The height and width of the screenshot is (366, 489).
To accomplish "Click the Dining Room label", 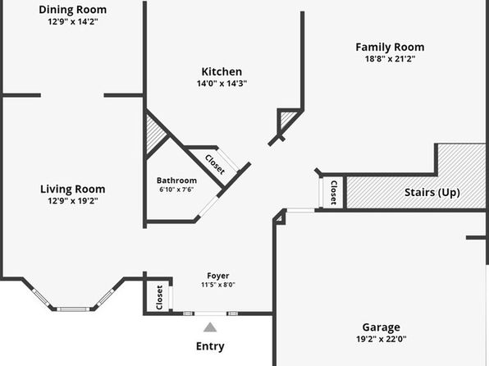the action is tap(73, 10).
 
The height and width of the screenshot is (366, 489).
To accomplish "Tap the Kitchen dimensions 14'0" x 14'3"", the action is tap(222, 84).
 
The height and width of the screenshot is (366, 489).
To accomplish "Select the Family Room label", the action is tap(390, 48).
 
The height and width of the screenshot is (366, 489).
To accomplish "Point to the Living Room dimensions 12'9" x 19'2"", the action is tap(73, 200).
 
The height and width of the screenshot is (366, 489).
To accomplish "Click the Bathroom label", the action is tap(176, 181).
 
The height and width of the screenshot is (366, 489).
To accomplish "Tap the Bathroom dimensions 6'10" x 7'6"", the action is tap(176, 190).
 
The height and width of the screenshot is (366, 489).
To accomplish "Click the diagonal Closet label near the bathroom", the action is tap(215, 165).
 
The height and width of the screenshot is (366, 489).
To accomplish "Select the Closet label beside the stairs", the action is tap(333, 193).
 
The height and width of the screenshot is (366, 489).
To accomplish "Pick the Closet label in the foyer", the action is tap(159, 297).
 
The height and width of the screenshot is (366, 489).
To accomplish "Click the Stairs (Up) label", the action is tap(432, 193).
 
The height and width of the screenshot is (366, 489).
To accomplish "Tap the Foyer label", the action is tap(218, 276).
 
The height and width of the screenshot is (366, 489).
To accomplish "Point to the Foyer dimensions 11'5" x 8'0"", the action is tap(218, 285).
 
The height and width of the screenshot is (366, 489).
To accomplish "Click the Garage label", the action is tap(381, 327).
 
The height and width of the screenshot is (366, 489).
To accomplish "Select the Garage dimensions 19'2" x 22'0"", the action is tap(381, 339).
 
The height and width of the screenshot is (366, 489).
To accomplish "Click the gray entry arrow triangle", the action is tap(210, 327).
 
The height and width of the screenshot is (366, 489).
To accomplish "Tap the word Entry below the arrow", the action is tap(210, 346).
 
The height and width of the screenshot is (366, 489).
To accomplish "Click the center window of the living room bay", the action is tap(73, 309).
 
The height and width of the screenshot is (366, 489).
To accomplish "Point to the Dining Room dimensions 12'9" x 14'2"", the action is tap(73, 21).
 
